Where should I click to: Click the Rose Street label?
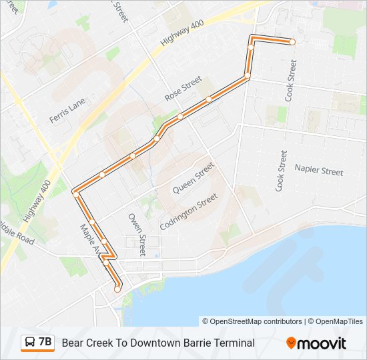click(x=183, y=89)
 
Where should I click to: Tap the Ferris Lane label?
click(x=67, y=110)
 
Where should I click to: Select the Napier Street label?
click(x=319, y=171)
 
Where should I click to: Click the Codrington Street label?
click(x=189, y=212)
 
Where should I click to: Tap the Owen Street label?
click(x=137, y=235)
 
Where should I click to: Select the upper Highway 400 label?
click(x=181, y=32)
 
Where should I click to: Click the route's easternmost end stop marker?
click(x=292, y=42)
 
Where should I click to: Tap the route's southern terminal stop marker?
click(x=117, y=289)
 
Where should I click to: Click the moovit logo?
click(x=316, y=343)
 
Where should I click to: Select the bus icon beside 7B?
click(x=30, y=343)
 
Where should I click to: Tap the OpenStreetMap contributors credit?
click(x=252, y=321)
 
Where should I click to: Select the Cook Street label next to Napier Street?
click(x=281, y=171)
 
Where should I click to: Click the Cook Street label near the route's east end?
click(x=291, y=81)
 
